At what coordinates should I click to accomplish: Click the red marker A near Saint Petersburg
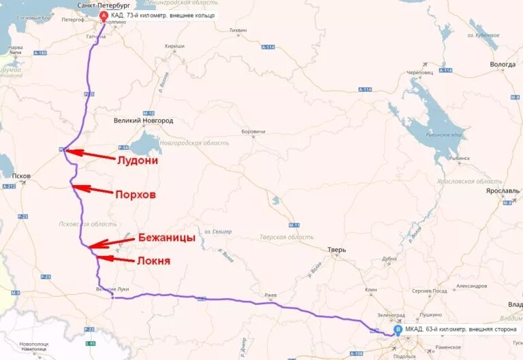click(104, 15)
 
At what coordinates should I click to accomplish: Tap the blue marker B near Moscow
click(398, 330)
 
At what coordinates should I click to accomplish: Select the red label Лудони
click(138, 161)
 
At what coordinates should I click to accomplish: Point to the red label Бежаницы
click(166, 238)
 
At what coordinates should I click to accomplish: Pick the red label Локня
click(153, 260)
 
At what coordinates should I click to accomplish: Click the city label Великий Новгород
click(143, 120)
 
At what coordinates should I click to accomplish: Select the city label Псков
click(20, 176)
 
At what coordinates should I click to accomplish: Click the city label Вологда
click(503, 65)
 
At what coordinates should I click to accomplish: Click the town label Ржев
click(270, 295)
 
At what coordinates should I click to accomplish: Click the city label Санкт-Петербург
click(104, 5)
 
